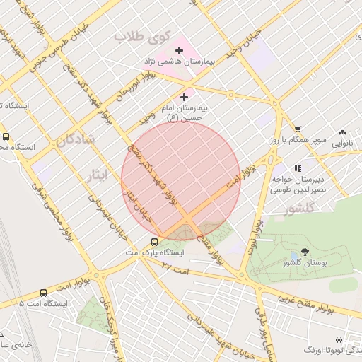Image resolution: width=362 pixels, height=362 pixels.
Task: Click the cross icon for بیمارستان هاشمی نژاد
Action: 179,50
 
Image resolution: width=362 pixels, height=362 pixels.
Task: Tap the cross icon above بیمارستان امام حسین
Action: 185,96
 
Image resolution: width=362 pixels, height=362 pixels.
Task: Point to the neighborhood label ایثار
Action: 98,173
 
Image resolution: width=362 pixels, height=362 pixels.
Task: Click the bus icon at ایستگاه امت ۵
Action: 44,292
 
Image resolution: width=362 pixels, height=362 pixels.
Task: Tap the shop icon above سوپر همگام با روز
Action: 298,129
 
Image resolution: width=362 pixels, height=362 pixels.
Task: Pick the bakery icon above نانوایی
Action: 343,132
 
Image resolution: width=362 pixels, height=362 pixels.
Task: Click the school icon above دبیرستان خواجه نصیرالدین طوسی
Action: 298,168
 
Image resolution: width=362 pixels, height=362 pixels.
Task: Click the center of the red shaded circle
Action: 181,181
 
